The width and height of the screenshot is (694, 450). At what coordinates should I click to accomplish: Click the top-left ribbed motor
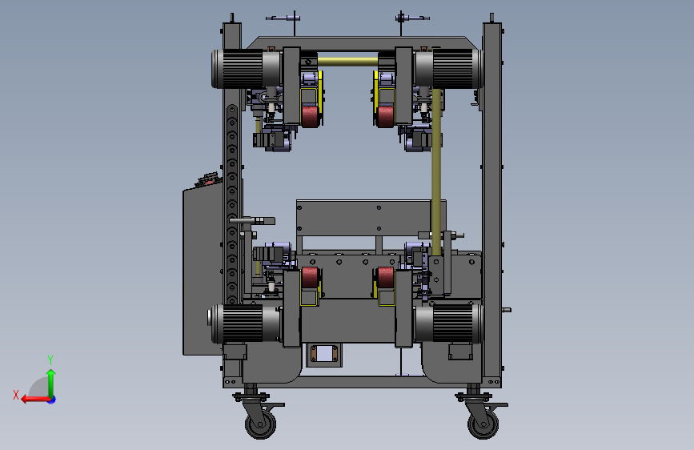246,69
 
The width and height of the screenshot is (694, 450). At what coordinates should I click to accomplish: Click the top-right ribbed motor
448,68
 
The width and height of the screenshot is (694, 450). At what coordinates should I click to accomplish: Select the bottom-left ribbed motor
245,323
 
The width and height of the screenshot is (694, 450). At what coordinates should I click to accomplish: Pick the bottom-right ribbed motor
448,323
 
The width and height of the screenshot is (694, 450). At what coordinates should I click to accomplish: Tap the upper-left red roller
311,116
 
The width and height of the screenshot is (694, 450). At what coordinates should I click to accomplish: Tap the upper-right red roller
386,116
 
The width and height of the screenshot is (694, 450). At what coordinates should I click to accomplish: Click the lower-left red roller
310,278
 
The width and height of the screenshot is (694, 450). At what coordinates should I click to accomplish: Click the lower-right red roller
386,278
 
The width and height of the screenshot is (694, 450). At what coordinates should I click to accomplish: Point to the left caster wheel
261,424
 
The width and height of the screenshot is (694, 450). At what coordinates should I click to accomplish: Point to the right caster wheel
483,424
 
